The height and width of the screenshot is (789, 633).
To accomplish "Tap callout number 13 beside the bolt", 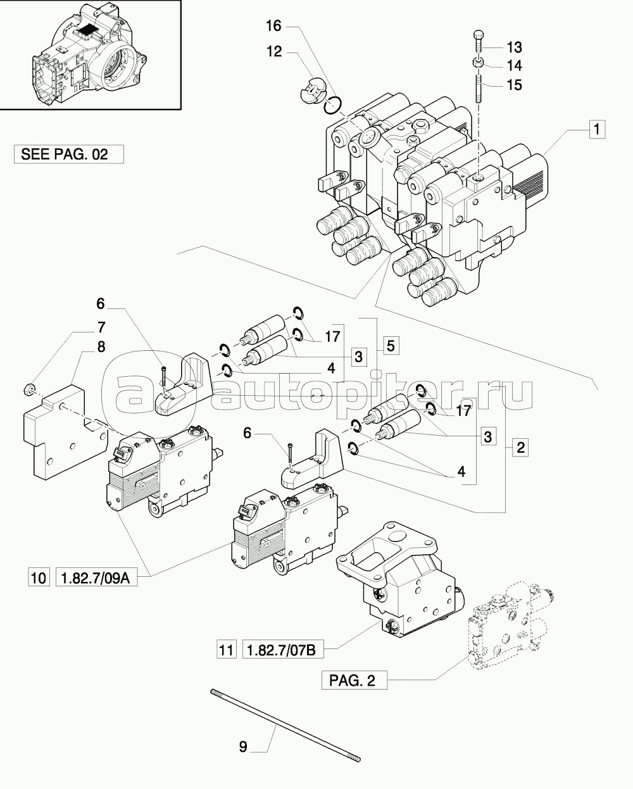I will [x=514, y=47].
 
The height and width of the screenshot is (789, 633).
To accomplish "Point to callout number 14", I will [x=514, y=65].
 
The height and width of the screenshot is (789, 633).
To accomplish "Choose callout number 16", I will [x=273, y=26].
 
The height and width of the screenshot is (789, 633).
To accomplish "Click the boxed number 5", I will [x=390, y=345].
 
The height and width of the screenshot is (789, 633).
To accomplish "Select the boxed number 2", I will [x=520, y=448].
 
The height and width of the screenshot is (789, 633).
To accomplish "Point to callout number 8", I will [x=101, y=347].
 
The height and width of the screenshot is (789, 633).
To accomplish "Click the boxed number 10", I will [x=39, y=578].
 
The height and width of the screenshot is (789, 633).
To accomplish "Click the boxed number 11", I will [x=225, y=650].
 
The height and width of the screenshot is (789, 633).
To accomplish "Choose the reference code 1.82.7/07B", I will [x=282, y=650].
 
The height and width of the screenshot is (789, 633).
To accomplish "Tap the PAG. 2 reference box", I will [x=353, y=681].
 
